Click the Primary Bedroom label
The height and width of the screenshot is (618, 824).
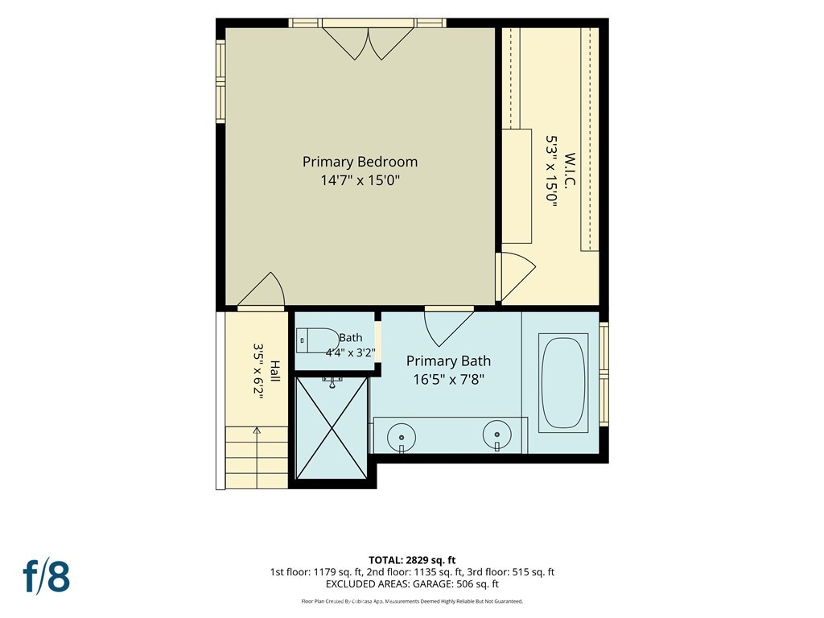click(360, 162)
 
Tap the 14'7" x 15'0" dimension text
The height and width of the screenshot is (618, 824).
click(360, 181)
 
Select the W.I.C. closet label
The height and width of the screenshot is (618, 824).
click(571, 169)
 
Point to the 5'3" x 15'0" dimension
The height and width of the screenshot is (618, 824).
click(550, 172)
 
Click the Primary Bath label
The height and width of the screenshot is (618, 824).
click(448, 361)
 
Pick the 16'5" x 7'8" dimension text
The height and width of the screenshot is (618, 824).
click(448, 380)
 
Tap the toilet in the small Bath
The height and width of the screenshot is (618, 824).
click(318, 340)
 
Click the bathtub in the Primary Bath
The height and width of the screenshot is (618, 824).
click(562, 382)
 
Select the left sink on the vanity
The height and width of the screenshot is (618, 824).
click(402, 437)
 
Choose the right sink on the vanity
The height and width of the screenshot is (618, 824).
click(497, 435)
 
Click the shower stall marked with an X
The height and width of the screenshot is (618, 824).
click(332, 428)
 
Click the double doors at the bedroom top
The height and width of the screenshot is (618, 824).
click(369, 42)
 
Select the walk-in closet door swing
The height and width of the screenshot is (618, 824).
click(517, 276)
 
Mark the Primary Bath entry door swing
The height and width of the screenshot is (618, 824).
click(448, 328)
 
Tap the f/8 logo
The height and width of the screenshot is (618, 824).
click(46, 575)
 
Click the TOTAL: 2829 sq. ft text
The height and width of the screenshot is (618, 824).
click(412, 560)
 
